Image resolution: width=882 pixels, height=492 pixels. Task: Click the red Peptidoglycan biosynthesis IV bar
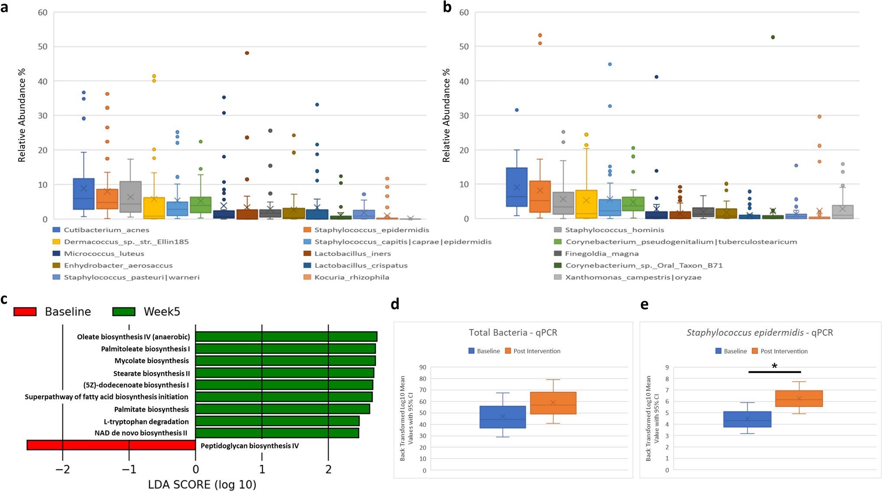tap(111, 445)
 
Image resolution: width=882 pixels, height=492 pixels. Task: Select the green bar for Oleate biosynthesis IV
tap(286, 337)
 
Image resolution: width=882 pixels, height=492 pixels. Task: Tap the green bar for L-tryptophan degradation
tap(277, 421)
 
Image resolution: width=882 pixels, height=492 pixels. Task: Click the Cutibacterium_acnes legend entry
tap(106, 230)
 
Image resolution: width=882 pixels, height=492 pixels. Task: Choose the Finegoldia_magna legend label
tap(601, 254)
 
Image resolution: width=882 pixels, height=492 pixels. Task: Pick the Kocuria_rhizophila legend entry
tap(352, 277)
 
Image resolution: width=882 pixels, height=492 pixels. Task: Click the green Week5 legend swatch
tap(124, 312)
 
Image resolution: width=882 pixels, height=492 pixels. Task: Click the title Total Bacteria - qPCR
tap(513, 333)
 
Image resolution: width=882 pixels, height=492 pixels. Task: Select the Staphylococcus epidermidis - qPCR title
tap(759, 333)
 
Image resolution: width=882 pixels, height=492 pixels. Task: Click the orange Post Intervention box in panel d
tap(553, 403)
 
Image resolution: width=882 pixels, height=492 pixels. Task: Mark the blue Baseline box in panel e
tap(747, 419)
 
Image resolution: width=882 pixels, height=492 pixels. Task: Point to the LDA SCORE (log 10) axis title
tap(202, 485)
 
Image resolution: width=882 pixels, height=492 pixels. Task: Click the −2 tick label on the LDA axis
tap(62, 469)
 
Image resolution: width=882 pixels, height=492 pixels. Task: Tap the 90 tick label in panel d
tap(422, 367)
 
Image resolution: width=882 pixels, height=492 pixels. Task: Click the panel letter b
tap(447, 7)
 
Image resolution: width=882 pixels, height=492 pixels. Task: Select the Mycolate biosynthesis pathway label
tap(151, 361)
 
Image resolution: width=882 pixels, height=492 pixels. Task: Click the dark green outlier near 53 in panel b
tap(773, 37)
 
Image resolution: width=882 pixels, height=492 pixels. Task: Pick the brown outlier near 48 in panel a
tap(247, 53)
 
